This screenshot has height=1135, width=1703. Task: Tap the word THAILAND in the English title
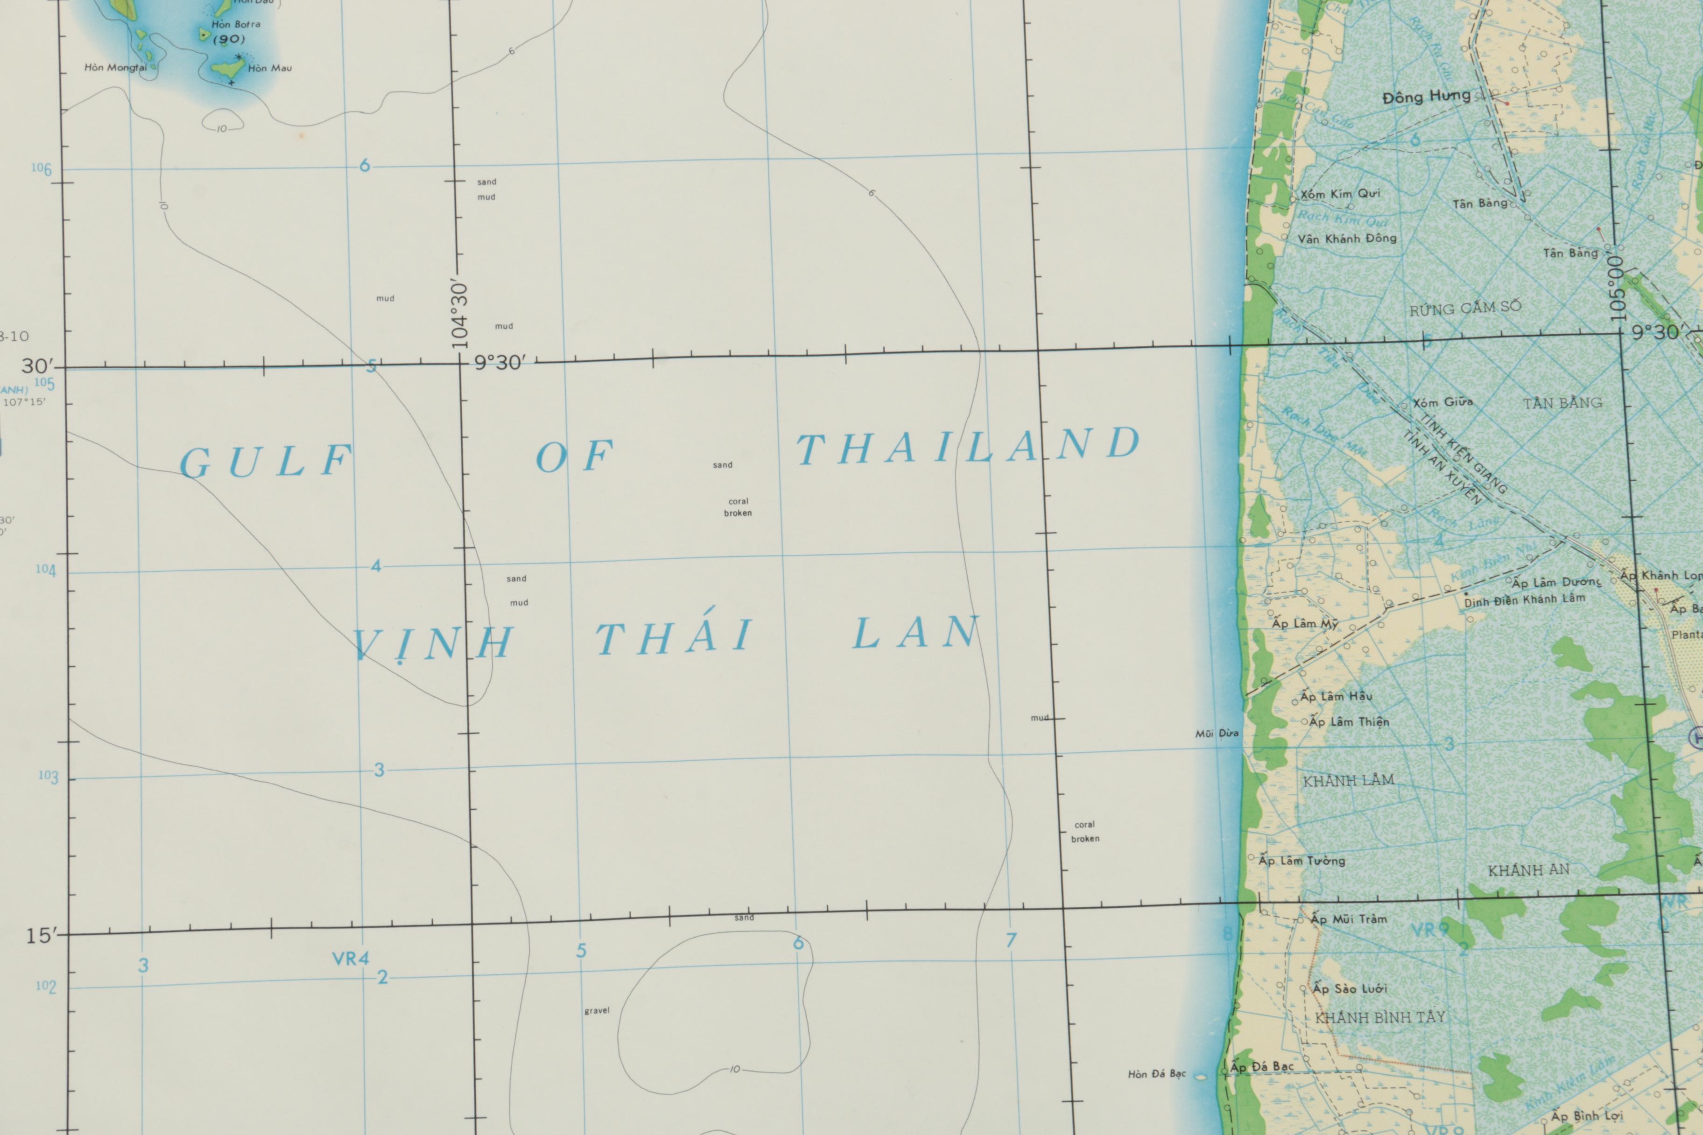click(969, 446)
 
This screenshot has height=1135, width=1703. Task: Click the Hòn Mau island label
click(269, 69)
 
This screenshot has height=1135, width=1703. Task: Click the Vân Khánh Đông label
click(1347, 238)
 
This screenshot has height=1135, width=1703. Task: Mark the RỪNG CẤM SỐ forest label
click(1465, 308)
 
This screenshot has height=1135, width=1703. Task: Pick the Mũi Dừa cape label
click(1217, 733)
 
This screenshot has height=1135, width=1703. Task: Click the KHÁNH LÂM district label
click(1348, 780)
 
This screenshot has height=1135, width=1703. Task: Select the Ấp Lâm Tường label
click(1301, 861)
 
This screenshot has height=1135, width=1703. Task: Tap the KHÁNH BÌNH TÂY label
click(1379, 1017)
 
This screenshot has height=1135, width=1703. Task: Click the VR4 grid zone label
click(351, 959)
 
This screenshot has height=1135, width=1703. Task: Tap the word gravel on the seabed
click(597, 1010)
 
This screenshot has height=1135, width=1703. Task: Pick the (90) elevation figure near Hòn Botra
click(229, 39)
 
